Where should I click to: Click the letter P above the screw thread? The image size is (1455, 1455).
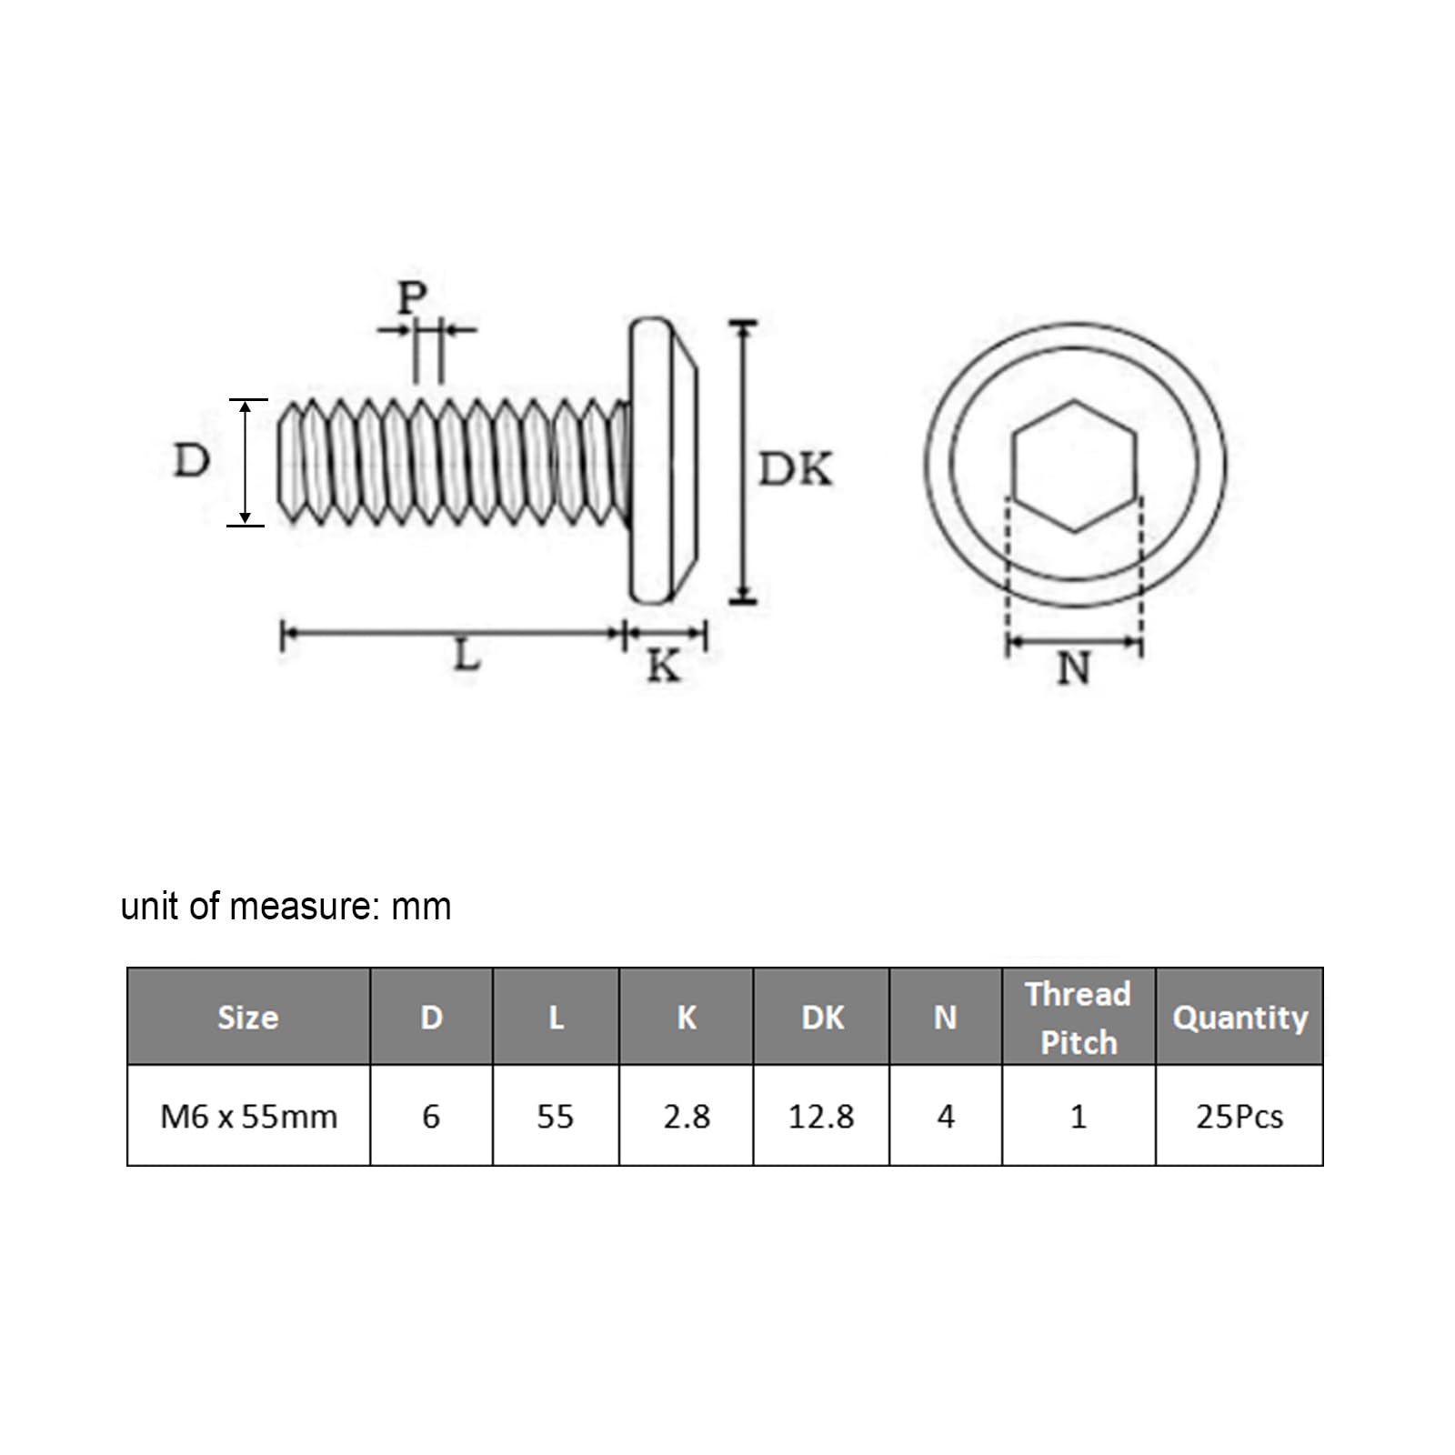point(412,296)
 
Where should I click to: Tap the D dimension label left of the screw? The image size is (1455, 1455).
point(191,461)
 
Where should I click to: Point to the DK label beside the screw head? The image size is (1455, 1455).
point(796,470)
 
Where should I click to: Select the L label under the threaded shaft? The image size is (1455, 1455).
point(467,654)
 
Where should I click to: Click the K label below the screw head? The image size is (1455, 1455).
point(664,667)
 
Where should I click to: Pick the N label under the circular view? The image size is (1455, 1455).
point(1074,668)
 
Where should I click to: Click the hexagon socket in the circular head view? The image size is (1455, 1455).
point(1075,466)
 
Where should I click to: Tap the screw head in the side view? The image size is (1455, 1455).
point(665,459)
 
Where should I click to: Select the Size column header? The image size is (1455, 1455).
point(248,1017)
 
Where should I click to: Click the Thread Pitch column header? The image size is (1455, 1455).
point(1079,1018)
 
